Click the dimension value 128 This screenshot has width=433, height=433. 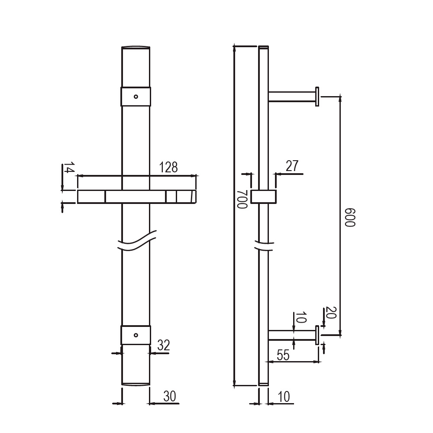pos(169,168)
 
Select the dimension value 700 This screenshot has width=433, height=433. pos(242,199)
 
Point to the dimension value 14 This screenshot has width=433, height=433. pos(69,168)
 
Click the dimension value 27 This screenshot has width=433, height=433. pos(292,166)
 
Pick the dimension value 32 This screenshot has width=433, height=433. pos(163,346)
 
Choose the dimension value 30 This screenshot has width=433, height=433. pos(170,396)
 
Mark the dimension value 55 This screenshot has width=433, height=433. pos(283,355)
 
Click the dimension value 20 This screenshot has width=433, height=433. pos(331,313)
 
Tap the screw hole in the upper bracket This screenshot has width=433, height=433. pos(136,97)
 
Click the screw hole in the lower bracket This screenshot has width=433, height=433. pos(136,335)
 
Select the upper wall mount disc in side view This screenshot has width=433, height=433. pos(317,96)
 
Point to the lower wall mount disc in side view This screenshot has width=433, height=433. pos(317,335)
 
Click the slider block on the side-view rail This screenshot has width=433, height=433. pos(263,196)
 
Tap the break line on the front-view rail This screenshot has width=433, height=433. pos(136,242)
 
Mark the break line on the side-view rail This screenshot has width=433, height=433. pos(263,246)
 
